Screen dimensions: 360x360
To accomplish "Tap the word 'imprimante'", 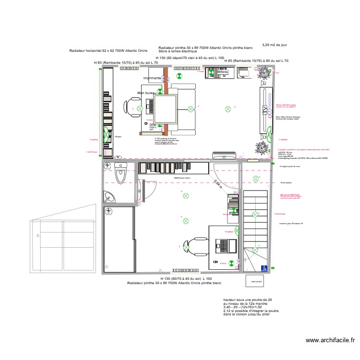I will click(152, 78).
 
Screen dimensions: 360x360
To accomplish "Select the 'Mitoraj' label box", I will click(223, 72).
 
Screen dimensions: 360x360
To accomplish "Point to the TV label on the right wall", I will click(264, 110).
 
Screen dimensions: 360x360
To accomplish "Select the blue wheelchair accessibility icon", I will click(263, 268).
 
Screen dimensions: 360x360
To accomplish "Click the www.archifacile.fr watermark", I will click(331, 340).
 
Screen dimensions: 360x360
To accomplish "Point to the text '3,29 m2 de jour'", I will click(275, 45).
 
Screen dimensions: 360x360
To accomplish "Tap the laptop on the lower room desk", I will click(224, 245).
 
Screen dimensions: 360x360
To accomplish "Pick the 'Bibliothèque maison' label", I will click(182, 177).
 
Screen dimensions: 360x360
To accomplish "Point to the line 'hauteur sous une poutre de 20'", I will click(244, 300).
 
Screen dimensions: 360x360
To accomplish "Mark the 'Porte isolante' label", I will click(287, 182).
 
